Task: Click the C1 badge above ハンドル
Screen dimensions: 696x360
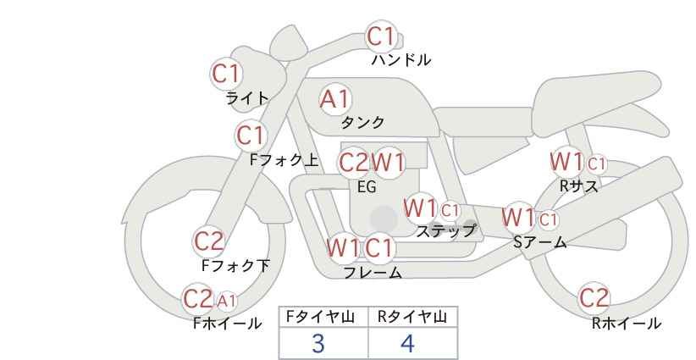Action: point(381,36)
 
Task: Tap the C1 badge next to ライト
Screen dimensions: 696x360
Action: point(226,74)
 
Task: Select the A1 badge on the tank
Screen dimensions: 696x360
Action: point(335,99)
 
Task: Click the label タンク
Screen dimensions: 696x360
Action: point(362,123)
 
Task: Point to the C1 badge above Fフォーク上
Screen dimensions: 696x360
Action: point(251,136)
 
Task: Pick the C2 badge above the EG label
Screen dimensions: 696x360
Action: point(354,163)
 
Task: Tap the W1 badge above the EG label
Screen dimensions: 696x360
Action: point(388,163)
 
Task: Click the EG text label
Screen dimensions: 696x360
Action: point(367,187)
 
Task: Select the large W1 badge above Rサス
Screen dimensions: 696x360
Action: point(566,162)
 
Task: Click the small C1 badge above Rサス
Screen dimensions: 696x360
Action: point(597,164)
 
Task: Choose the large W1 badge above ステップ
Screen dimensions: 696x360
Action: point(420,208)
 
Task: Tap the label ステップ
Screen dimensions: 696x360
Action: point(446,231)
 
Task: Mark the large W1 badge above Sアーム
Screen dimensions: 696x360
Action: point(518,218)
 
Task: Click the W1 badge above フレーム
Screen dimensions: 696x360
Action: point(343,247)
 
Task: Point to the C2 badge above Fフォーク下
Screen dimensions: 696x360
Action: point(208,242)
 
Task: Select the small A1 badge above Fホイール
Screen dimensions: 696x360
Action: point(227,302)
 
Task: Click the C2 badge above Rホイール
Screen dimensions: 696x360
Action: point(594,298)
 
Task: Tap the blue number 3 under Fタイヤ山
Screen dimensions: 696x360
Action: point(318,344)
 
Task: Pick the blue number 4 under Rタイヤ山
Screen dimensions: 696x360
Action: point(407,344)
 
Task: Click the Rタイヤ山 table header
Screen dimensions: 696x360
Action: point(413,317)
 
